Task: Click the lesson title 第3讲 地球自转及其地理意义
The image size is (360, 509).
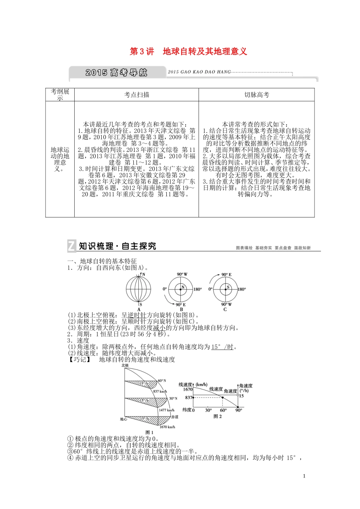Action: [x=188, y=52]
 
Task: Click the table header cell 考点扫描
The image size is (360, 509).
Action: [x=137, y=95]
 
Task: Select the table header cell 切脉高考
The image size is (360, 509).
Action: [x=257, y=95]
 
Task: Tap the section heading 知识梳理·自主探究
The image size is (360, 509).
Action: [x=117, y=246]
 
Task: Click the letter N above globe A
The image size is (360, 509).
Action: [x=143, y=275]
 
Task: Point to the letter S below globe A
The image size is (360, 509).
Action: [x=141, y=304]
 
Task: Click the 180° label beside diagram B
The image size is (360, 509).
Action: [x=198, y=289]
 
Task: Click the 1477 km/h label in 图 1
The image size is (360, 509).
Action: [x=166, y=410]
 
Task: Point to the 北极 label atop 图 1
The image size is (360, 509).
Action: [x=125, y=365]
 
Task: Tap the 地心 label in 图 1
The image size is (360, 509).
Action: [x=123, y=419]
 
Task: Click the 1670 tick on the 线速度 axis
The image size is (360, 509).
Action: [x=188, y=389]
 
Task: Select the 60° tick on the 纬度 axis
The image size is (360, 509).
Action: [x=223, y=410]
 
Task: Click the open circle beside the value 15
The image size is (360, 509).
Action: [x=238, y=395]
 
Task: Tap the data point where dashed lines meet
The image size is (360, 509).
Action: [x=223, y=398]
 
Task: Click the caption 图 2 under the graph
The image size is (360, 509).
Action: [x=218, y=416]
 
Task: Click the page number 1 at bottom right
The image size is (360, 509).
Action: [x=304, y=476]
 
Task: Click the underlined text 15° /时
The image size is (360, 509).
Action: [x=222, y=347]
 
